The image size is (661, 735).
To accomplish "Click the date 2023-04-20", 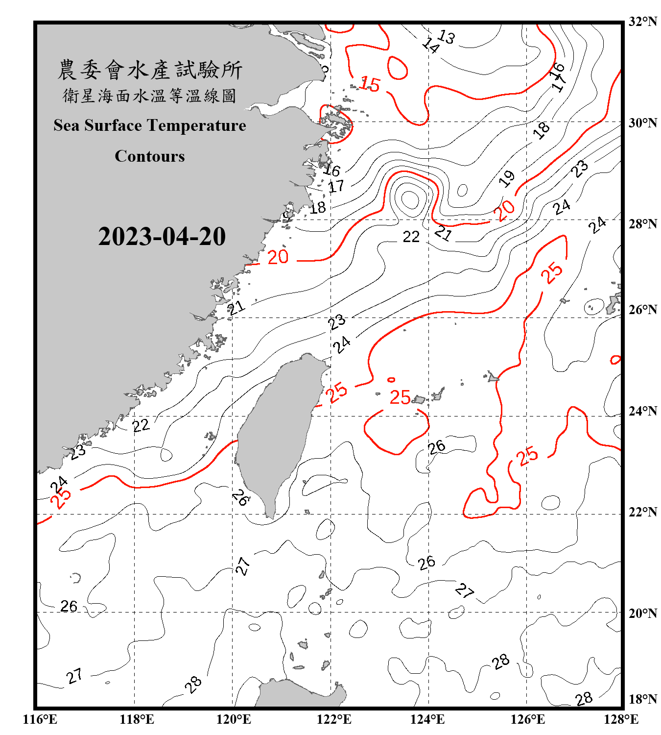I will tap(162, 236).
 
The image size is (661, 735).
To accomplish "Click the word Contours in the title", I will tap(150, 156).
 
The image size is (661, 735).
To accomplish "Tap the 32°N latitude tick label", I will tap(642, 21).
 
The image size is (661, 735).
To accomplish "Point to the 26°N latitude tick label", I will tap(642, 310).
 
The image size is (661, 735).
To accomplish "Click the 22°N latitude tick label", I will tap(642, 512).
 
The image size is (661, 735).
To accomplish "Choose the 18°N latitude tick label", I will tap(642, 699).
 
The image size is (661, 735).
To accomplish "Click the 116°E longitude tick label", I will tap(40, 719).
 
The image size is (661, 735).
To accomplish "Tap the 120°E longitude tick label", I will tap(234, 719).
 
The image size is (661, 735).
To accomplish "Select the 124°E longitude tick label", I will tap(427, 719).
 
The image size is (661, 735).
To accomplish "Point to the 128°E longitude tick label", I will tap(621, 719).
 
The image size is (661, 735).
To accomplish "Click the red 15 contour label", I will tap(370, 84).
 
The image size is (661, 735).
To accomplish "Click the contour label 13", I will tap(446, 37).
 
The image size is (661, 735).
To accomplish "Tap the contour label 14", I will tap(431, 45).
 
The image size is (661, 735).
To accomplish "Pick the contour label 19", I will tap(507, 178).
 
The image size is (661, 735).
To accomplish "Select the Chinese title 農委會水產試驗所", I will tap(150, 70).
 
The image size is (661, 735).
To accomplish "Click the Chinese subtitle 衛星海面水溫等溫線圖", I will tap(150, 96).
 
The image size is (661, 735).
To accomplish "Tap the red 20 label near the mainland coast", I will tap(278, 257).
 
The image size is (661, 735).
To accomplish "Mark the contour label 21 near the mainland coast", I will tap(236, 308).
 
